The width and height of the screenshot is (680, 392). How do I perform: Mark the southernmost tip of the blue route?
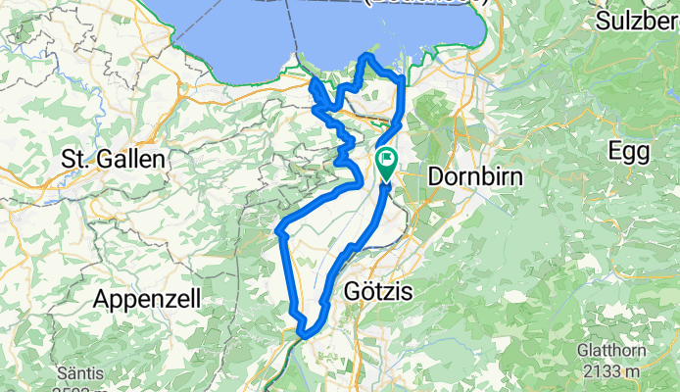pyautogui.click(x=304, y=336)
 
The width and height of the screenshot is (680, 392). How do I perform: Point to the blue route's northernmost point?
pyautogui.click(x=368, y=56)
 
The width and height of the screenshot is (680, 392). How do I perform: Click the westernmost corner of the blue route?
pyautogui.click(x=279, y=232)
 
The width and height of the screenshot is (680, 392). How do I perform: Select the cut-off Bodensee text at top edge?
pyautogui.click(x=426, y=3)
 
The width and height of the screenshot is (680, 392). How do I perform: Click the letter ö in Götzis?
pyautogui.click(x=367, y=292)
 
